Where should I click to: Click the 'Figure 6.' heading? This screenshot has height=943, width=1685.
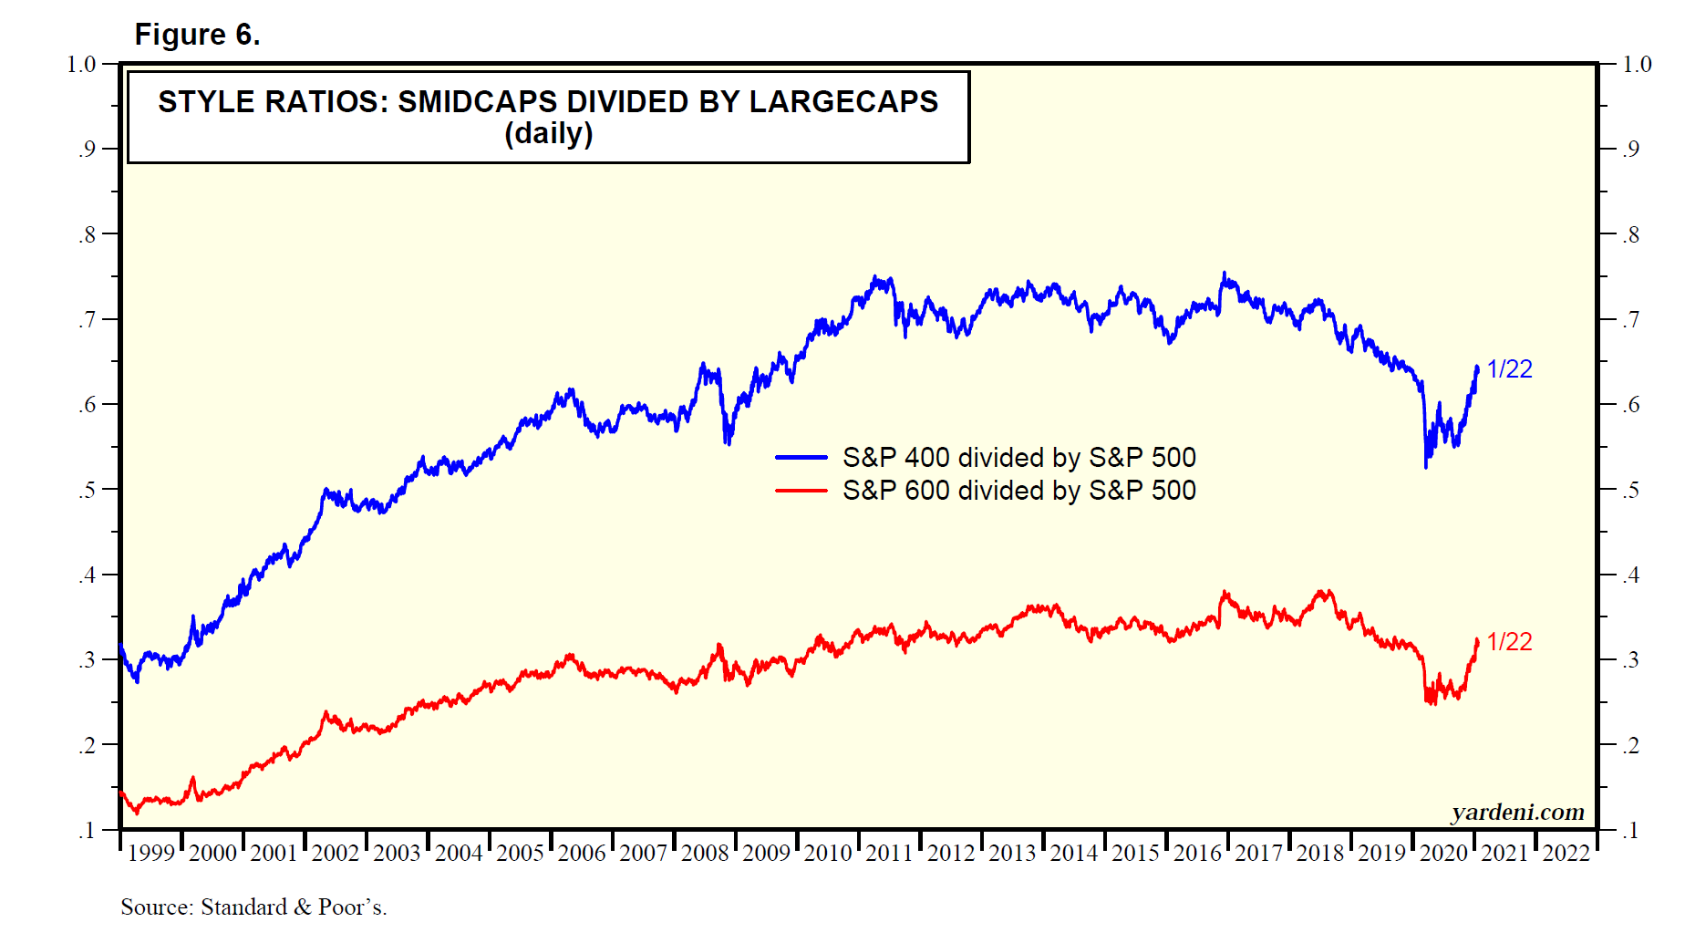[197, 35]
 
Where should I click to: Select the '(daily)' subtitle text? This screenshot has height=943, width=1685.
[548, 134]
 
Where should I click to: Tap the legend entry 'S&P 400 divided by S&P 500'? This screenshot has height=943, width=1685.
[1018, 457]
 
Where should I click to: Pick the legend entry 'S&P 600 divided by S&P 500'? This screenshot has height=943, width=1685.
[1018, 491]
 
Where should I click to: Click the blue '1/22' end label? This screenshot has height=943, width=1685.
[1509, 369]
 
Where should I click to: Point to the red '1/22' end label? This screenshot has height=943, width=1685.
[1509, 642]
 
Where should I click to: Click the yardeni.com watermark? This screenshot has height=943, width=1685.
[1517, 812]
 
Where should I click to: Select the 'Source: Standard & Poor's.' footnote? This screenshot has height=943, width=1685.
[253, 907]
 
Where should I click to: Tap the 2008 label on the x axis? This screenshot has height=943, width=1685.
[705, 854]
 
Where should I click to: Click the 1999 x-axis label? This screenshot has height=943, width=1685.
[150, 854]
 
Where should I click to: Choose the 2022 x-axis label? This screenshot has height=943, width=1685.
[1566, 854]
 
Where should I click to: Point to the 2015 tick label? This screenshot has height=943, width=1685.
[1135, 854]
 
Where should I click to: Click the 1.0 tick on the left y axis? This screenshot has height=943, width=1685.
[81, 64]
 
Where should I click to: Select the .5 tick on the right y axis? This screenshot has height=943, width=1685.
[1630, 490]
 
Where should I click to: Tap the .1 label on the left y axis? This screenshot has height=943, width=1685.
[86, 831]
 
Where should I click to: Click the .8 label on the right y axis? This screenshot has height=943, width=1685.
[1630, 234]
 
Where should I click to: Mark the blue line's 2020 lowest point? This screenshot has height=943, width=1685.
[1425, 467]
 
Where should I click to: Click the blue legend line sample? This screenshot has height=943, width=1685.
[801, 457]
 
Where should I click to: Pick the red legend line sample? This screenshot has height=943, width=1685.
[801, 491]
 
